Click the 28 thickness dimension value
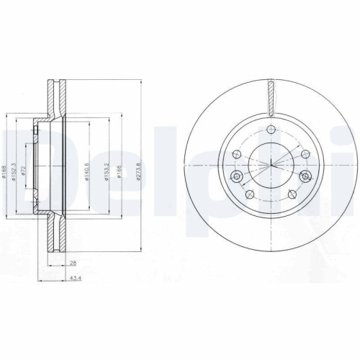(x=73, y=264)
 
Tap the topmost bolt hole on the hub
(x=270, y=130)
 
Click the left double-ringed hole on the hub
(x=235, y=176)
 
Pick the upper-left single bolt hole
(x=238, y=153)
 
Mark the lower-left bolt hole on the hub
(x=248, y=194)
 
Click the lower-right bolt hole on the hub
(x=292, y=194)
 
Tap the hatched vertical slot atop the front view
(x=270, y=97)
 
